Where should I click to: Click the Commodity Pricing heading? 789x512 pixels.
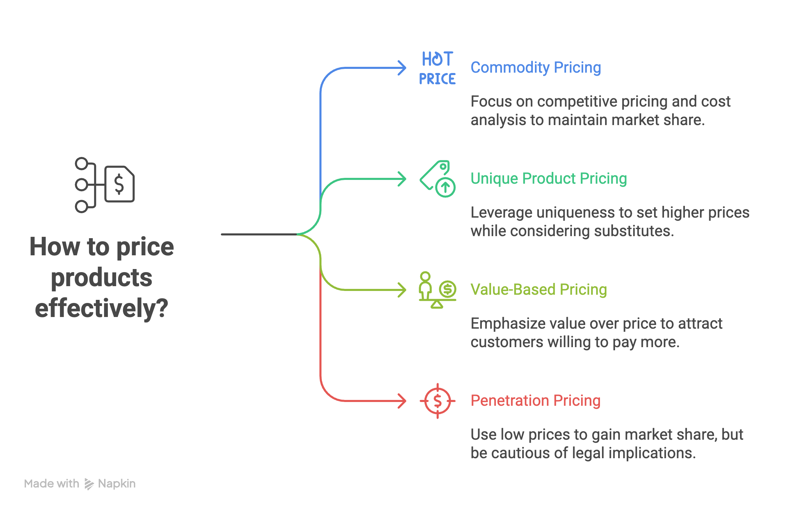pos(536,68)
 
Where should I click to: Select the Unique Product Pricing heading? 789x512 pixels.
pos(549,179)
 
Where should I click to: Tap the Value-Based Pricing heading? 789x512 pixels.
pos(539,290)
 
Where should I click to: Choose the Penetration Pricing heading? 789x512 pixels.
pos(536,401)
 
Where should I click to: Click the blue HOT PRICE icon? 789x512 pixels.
pos(437,68)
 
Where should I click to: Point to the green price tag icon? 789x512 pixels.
pos(437,179)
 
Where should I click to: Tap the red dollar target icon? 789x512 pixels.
pos(437,401)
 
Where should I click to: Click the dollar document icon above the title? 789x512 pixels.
pos(105,185)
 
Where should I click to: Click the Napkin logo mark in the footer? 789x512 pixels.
pos(89,484)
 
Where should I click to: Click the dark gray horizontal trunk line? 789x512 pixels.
pos(259,234)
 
